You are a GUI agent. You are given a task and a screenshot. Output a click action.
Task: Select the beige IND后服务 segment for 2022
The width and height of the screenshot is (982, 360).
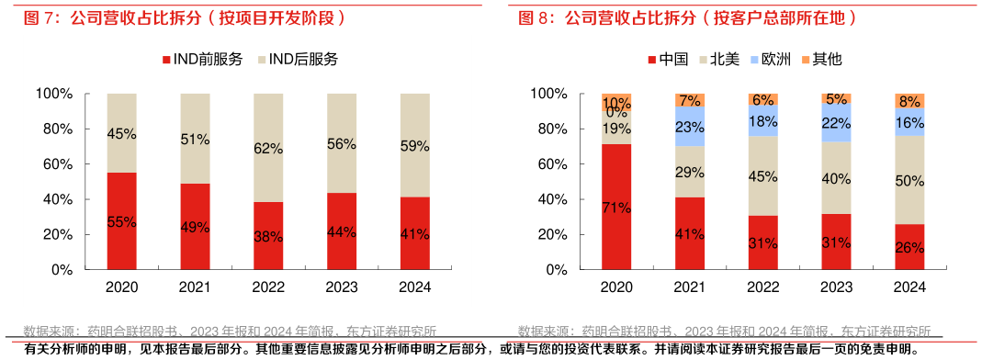point(268,148)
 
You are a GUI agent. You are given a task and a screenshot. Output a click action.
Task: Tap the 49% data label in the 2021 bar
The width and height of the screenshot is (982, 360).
point(195,228)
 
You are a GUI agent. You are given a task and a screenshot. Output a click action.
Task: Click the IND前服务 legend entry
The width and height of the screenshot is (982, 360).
point(201,59)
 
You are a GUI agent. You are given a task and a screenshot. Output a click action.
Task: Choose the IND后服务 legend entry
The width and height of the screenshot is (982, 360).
point(298,59)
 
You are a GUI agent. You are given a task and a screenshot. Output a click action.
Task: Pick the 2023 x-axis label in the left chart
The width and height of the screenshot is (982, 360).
point(342,287)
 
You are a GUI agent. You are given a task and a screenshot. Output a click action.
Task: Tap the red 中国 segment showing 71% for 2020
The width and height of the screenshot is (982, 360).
point(616,208)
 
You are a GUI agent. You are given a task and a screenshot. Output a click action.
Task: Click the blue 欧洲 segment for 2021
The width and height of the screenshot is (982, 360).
point(690,127)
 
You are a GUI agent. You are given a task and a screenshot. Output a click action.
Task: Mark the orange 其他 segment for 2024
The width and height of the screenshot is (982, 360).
point(909,101)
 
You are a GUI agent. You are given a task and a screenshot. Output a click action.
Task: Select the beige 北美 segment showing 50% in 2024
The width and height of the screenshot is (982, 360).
point(909,180)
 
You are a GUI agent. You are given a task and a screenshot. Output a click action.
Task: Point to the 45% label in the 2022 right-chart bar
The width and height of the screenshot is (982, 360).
point(763,175)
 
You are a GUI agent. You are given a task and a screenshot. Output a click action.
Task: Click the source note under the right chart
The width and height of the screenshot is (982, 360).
point(724,332)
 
